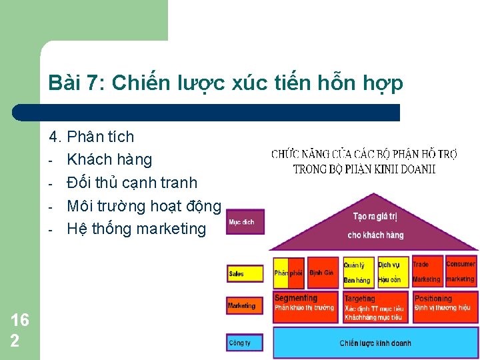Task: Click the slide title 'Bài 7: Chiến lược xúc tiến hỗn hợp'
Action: click(x=225, y=83)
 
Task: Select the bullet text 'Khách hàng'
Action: click(x=109, y=159)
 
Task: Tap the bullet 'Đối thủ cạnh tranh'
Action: click(x=132, y=182)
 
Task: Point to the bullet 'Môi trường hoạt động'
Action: click(x=143, y=205)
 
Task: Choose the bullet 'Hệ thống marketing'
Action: click(x=137, y=229)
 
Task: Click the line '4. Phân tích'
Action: click(x=91, y=137)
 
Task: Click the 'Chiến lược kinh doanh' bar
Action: click(x=375, y=343)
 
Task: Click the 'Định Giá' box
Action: click(x=323, y=273)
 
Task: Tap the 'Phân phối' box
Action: click(x=289, y=273)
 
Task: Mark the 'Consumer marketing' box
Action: click(x=460, y=272)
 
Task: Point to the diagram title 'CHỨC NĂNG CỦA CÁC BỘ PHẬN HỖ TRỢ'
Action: click(x=364, y=154)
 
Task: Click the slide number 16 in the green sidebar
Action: click(x=20, y=321)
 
